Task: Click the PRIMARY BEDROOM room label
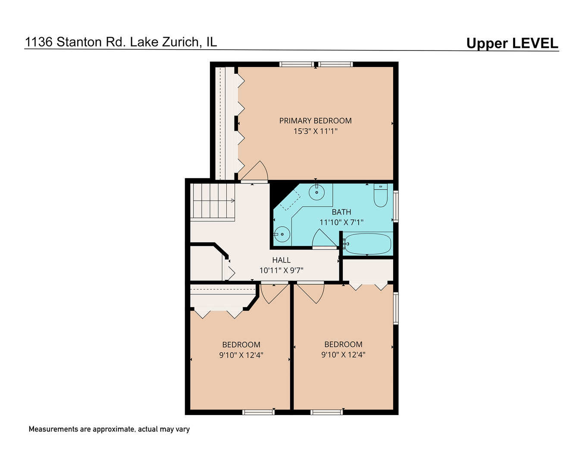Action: pos(315,121)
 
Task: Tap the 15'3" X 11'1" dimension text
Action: pos(315,131)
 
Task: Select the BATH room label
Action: pos(341,212)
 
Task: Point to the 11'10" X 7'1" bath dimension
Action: pos(341,222)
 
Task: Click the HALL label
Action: pos(281,260)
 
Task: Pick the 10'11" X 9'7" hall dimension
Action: pos(281,271)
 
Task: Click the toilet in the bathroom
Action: pos(380,196)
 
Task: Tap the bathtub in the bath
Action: pos(368,244)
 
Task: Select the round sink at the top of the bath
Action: pos(317,192)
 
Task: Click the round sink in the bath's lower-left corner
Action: pos(282,234)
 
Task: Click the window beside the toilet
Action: pos(396,206)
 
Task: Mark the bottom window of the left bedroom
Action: pos(258,412)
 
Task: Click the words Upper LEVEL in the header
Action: pos(512,44)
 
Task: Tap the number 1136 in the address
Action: pos(38,42)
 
